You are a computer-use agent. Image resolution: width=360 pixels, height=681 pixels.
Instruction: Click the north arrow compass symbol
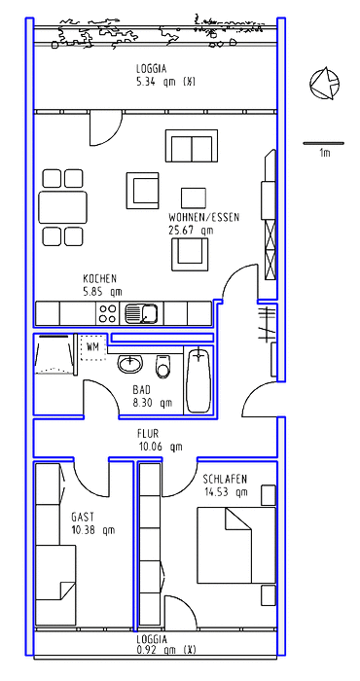click(x=324, y=84)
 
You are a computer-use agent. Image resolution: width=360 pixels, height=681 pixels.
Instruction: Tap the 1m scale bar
click(x=324, y=143)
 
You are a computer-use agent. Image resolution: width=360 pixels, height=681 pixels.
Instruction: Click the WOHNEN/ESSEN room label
click(x=203, y=217)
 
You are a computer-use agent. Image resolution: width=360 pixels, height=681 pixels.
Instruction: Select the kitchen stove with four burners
click(x=108, y=313)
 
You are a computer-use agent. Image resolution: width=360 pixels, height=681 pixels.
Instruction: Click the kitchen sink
click(x=142, y=313)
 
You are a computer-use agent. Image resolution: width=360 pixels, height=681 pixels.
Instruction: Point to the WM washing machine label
click(x=92, y=346)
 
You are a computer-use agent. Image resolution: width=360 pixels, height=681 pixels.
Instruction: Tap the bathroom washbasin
click(x=130, y=364)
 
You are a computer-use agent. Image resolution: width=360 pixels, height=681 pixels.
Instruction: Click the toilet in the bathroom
click(x=163, y=366)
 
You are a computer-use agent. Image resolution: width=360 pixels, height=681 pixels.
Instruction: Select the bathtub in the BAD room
click(x=198, y=379)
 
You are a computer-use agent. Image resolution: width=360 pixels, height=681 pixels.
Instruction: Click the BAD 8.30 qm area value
click(x=153, y=403)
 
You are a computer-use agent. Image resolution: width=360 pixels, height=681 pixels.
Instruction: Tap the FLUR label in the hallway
click(x=148, y=434)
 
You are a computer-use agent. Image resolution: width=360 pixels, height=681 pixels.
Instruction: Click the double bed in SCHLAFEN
click(x=236, y=545)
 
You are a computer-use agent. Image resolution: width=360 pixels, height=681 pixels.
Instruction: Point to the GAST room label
click(x=83, y=517)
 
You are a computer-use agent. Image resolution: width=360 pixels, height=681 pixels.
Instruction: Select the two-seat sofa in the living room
click(x=192, y=146)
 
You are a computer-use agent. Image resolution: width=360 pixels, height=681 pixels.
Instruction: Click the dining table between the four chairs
click(x=62, y=207)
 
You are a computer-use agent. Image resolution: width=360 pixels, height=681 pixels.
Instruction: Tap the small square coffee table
click(x=194, y=197)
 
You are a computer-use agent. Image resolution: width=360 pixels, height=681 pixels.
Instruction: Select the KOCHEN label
click(x=100, y=278)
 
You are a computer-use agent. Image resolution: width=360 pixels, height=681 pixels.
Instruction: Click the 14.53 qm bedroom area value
click(x=227, y=492)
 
